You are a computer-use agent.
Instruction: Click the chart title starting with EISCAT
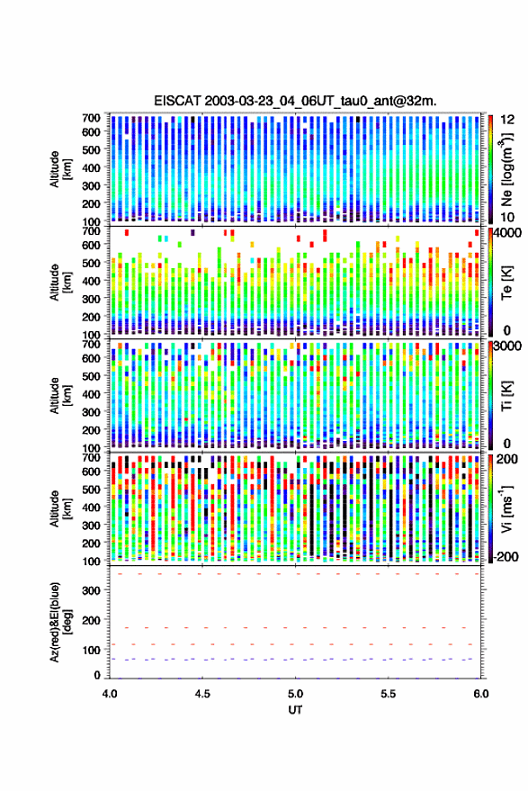click(295, 101)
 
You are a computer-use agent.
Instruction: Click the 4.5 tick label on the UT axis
click(202, 694)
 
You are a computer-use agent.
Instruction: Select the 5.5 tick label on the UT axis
click(388, 694)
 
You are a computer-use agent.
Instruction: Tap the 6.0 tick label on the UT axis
click(480, 694)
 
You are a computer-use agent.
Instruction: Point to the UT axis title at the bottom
click(295, 710)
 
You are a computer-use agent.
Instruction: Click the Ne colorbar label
click(506, 170)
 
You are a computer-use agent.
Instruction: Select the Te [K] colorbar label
click(506, 283)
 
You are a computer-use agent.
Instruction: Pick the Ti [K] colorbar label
click(506, 396)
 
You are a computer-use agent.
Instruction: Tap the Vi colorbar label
click(506, 508)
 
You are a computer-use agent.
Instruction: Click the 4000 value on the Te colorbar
click(507, 233)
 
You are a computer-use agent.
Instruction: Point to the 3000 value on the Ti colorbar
click(507, 346)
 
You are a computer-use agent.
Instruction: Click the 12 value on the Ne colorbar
click(507, 120)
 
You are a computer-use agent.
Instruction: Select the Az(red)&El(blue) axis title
click(61, 623)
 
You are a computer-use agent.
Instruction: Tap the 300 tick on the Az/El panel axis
click(91, 590)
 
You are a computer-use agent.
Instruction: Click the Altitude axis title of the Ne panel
click(60, 169)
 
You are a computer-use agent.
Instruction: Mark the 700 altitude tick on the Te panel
click(91, 231)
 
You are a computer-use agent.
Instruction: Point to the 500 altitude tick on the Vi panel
click(91, 489)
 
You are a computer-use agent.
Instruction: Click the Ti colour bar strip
click(491, 395)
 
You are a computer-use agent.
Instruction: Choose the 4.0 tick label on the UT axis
click(110, 694)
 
